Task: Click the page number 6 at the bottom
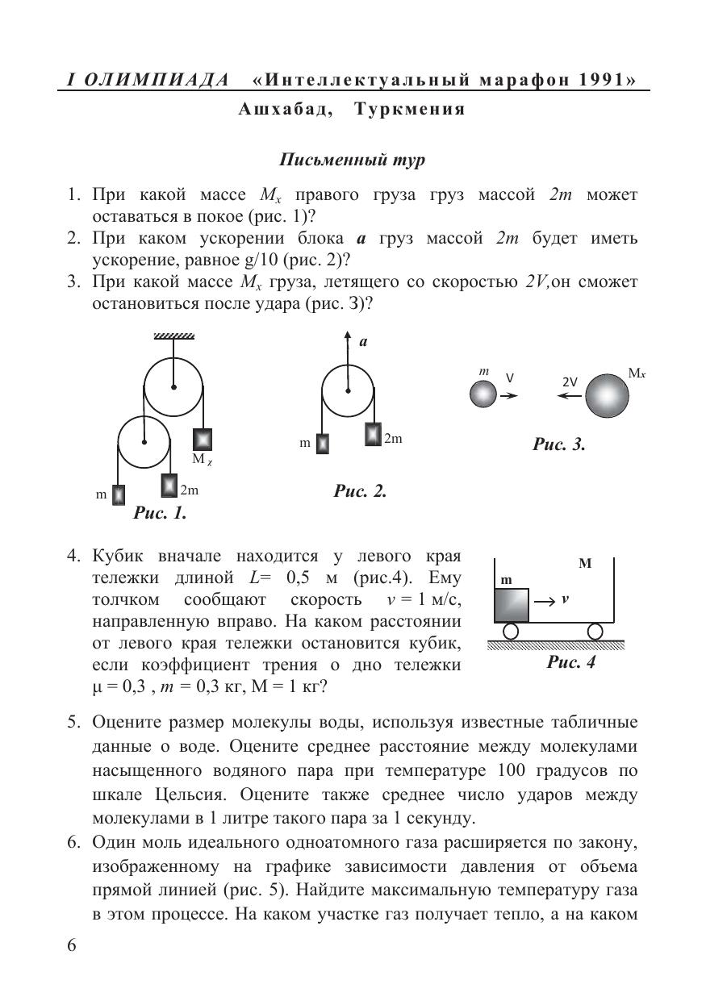pos(72,945)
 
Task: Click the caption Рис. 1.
pos(160,512)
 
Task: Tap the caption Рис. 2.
pos(360,490)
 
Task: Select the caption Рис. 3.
pos(558,444)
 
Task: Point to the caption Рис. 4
pos(571,663)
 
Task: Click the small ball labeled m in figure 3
pos(483,394)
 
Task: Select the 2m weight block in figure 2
pos(372,433)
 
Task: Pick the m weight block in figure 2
pos(322,444)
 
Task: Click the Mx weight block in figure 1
pos(202,439)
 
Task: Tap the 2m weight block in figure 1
pos(169,485)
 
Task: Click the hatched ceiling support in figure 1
pos(173,336)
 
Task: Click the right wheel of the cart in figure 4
pos(595,631)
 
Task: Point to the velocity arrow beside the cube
pos(545,600)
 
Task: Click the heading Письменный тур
pos(352,159)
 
